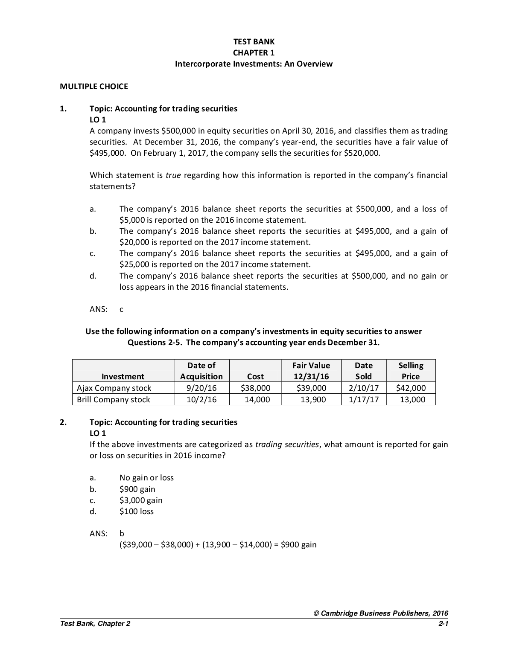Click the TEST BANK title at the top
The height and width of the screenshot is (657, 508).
(254, 42)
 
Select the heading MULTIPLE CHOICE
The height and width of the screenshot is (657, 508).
(94, 87)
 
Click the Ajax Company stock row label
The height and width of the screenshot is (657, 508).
(114, 388)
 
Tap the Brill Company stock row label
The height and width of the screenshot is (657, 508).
(114, 400)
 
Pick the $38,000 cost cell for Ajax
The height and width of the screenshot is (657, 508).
(255, 388)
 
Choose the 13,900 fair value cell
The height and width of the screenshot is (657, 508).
(313, 400)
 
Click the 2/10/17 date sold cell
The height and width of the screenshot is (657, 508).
(364, 388)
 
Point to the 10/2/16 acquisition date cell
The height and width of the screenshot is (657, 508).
(201, 400)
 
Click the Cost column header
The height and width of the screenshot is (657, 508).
(255, 377)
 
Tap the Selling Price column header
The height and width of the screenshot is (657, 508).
(411, 371)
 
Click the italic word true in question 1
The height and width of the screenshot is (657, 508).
(173, 175)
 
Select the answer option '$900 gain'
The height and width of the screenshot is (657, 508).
(137, 489)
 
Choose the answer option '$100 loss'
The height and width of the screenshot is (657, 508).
(137, 512)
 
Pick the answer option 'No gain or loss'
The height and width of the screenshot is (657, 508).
(146, 478)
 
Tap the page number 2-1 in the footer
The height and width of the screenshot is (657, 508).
(443, 624)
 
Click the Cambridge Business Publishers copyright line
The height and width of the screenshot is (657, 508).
(381, 613)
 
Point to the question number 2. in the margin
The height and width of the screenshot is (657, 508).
(63, 422)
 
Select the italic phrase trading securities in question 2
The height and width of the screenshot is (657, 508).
(287, 445)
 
